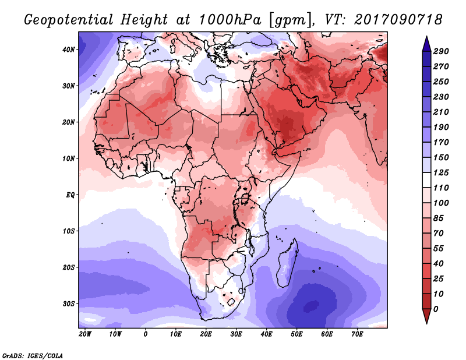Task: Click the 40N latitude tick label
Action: click(68, 50)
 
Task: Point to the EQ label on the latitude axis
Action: click(70, 195)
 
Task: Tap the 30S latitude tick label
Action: click(68, 304)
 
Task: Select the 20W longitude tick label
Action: click(85, 334)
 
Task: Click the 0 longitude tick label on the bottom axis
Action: click(145, 334)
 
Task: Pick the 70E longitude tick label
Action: click(357, 334)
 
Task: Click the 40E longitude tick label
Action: click(266, 334)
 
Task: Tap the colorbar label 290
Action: click(441, 51)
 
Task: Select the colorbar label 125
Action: click(441, 172)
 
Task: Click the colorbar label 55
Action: click(439, 249)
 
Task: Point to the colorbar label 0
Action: click(436, 309)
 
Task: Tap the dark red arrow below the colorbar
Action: click(426, 316)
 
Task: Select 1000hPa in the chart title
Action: click(230, 20)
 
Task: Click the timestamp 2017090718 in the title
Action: click(398, 20)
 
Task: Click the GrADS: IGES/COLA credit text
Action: click(33, 356)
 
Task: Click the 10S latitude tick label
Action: click(68, 231)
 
